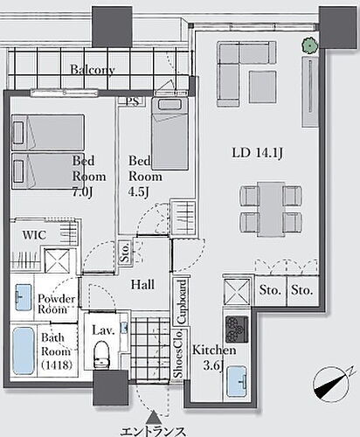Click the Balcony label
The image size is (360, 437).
(x=93, y=70)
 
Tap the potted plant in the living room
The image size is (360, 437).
(x=309, y=45)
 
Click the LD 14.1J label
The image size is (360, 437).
(x=257, y=153)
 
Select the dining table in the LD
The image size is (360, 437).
(x=271, y=209)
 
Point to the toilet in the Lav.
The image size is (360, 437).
(x=101, y=354)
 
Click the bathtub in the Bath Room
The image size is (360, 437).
(x=24, y=350)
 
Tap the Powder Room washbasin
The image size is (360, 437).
(x=24, y=297)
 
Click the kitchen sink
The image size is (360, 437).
(x=237, y=382)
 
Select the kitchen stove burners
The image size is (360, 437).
(x=237, y=329)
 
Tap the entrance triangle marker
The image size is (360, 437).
(x=153, y=417)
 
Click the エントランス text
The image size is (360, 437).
(x=153, y=431)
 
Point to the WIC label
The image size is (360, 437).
(x=34, y=235)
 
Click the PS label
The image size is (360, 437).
(x=134, y=101)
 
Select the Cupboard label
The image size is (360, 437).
(x=182, y=302)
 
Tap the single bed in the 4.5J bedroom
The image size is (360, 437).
(x=170, y=134)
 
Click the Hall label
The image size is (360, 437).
(x=142, y=284)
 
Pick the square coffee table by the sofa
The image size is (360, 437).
(x=262, y=87)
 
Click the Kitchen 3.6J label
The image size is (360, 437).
(x=214, y=357)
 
